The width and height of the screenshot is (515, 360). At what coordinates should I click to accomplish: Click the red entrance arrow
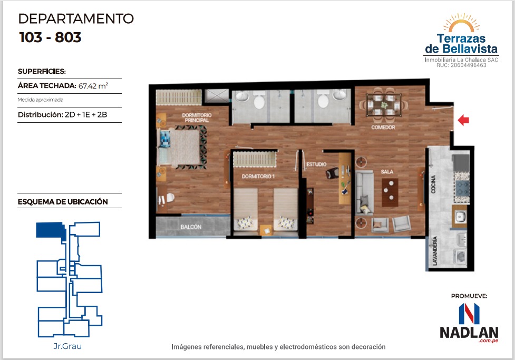463,120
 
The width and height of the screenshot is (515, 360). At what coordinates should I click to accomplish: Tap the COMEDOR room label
383,127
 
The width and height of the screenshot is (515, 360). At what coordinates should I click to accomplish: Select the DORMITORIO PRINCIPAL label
197,118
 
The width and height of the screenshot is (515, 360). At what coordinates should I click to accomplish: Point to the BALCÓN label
191,227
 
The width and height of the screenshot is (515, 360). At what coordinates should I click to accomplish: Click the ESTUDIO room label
316,164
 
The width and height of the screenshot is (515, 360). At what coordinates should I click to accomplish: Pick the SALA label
387,171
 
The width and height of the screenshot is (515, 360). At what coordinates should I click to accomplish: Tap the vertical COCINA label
433,184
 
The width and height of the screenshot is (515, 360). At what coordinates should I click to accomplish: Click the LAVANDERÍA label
435,250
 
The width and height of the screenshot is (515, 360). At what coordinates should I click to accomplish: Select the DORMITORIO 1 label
258,177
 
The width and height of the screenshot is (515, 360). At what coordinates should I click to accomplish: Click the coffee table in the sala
390,192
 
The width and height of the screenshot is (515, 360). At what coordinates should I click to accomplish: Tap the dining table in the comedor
384,104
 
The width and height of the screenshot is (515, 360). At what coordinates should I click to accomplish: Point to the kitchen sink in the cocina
460,216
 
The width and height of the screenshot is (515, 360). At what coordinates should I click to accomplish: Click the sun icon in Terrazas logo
461,24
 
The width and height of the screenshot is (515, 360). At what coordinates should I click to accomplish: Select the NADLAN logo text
469,332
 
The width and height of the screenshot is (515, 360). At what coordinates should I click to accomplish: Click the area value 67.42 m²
93,86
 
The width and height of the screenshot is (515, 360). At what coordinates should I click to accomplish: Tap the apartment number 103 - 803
50,37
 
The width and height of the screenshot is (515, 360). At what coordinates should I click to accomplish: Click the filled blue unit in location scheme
51,230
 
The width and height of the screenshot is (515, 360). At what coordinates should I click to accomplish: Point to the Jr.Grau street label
67,346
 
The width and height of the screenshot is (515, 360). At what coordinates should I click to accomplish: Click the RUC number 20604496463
469,65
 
